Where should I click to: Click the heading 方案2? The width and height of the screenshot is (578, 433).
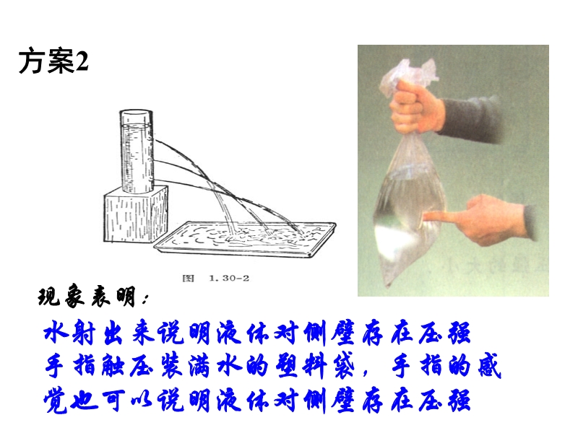coord(53,61)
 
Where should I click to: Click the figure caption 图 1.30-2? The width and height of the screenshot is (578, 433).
coord(216,278)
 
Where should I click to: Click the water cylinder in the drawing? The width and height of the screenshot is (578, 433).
coord(137,152)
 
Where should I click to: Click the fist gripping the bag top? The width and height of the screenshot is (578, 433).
coord(417,107)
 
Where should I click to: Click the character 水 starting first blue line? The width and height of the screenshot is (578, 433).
coord(57,333)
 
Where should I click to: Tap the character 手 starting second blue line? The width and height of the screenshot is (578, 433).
coord(56,365)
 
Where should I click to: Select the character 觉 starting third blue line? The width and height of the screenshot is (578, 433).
coord(56,401)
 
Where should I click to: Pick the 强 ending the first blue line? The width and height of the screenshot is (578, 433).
coord(459,333)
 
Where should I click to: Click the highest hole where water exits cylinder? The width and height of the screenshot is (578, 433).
coord(154,140)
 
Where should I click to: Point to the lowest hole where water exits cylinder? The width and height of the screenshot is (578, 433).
coord(154,180)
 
